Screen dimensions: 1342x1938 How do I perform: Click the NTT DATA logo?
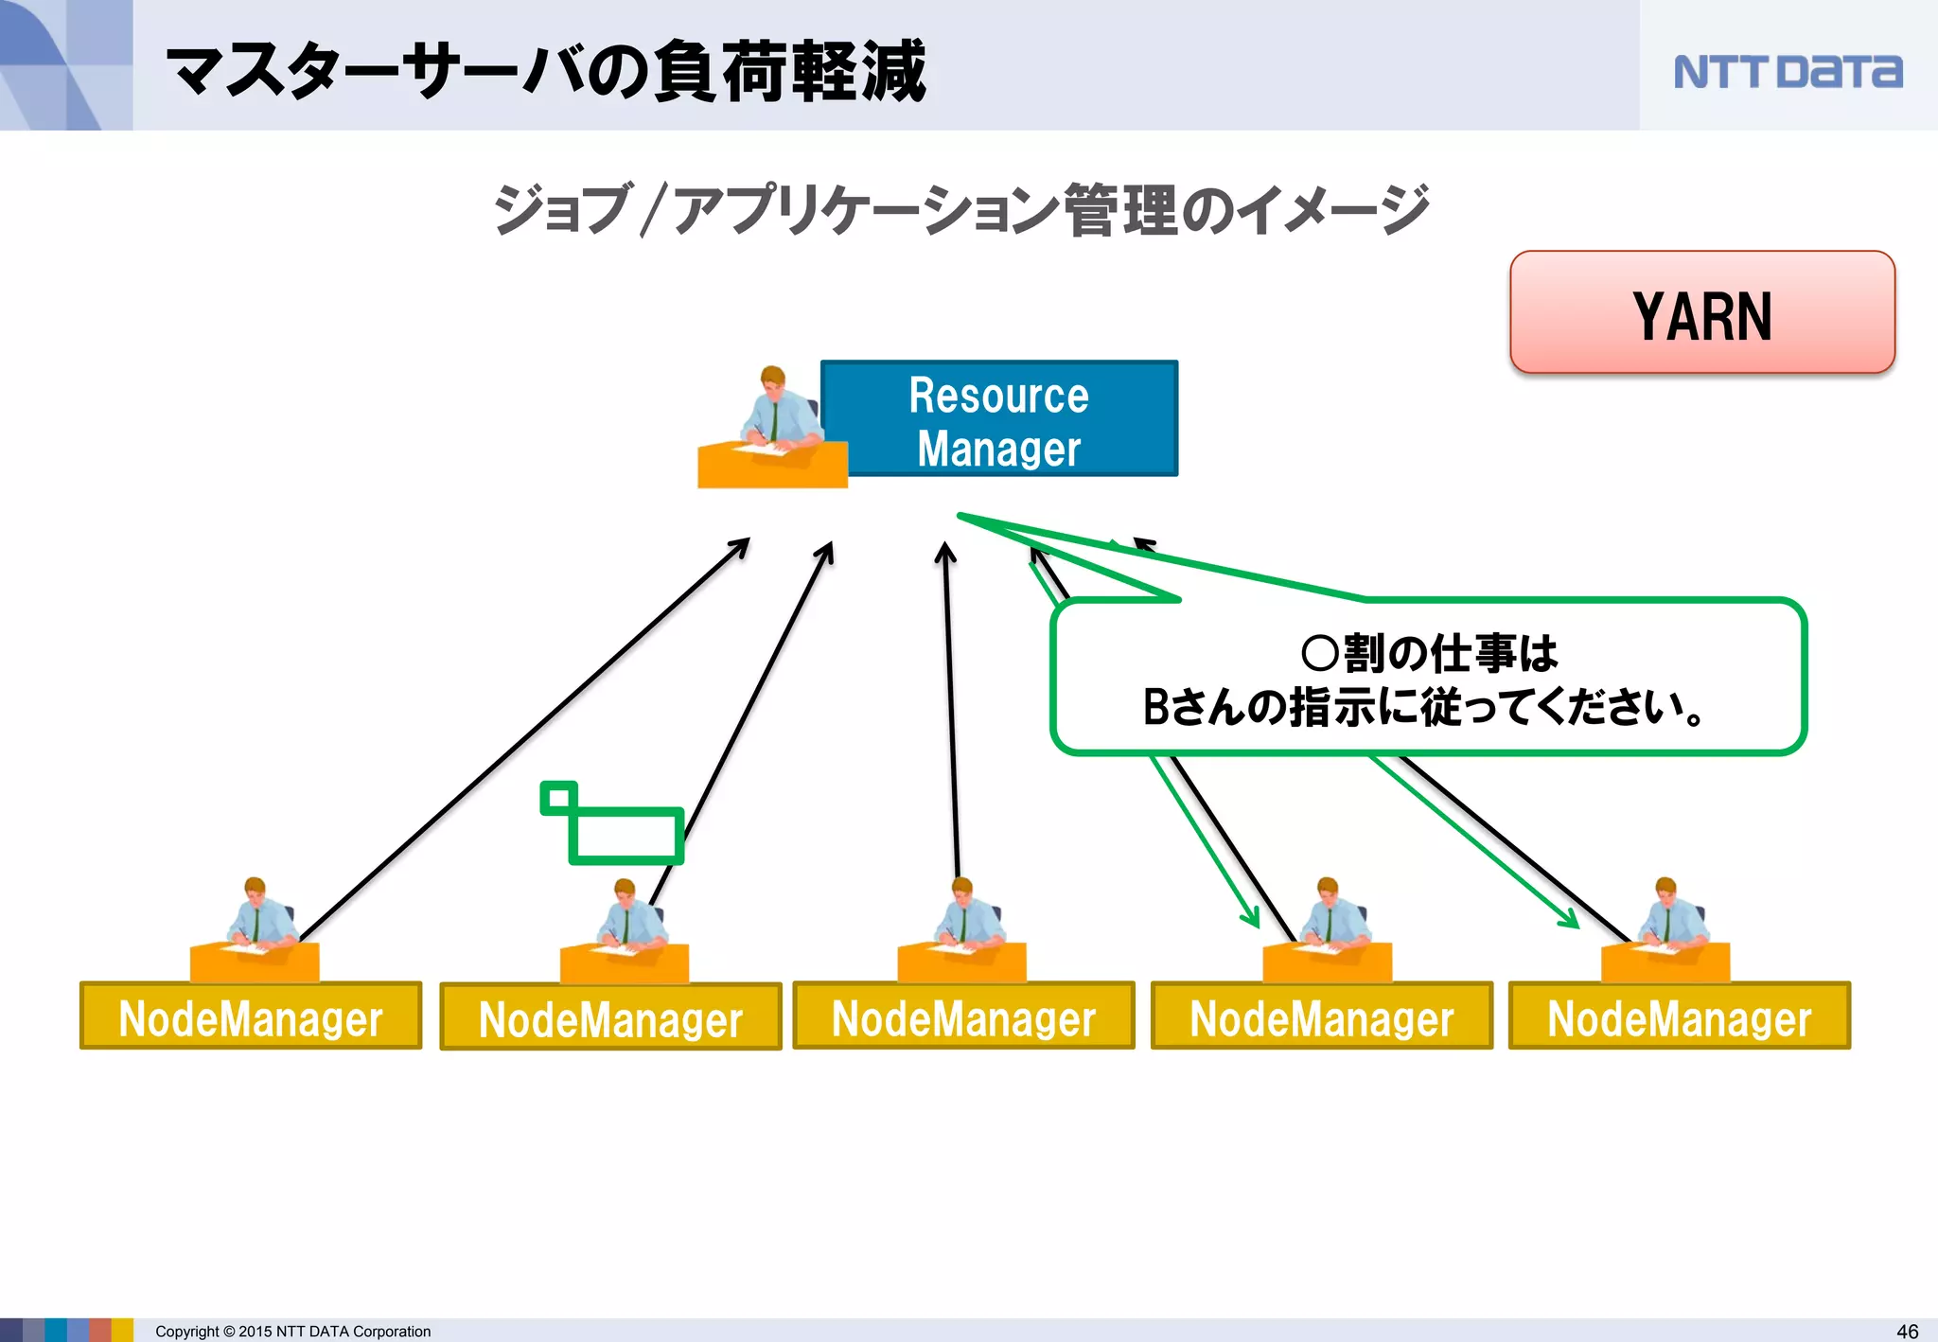[1787, 72]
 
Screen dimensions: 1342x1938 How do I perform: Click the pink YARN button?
[1701, 313]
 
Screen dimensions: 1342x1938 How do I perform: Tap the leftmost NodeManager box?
[251, 1016]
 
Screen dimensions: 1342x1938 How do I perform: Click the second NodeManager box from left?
[610, 1017]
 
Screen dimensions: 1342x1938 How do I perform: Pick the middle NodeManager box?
[963, 1016]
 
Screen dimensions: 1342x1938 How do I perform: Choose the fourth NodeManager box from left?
[1321, 1016]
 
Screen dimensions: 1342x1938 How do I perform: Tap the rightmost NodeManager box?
[1679, 1016]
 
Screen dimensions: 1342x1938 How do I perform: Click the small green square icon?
[558, 798]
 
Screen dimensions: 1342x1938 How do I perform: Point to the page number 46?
[1907, 1331]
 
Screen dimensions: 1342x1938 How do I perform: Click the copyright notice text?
[292, 1331]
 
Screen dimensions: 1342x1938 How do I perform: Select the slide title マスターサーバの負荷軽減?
[546, 72]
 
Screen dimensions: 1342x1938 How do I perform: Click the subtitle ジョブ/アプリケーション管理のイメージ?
[960, 209]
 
